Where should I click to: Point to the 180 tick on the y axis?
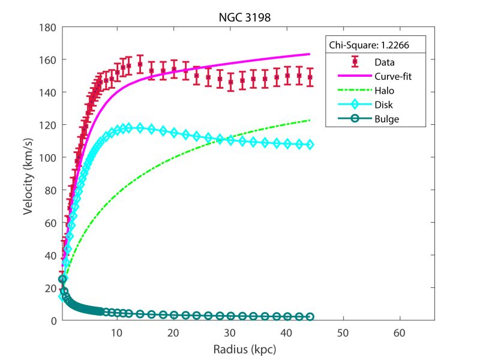pyautogui.click(x=48, y=28)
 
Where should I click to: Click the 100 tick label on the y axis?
pyautogui.click(x=48, y=158)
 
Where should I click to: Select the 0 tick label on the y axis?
pyautogui.click(x=52, y=320)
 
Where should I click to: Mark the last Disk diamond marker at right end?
pyautogui.click(x=310, y=145)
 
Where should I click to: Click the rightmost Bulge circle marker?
pyautogui.click(x=310, y=317)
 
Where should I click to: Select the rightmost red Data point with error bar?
pyautogui.click(x=310, y=77)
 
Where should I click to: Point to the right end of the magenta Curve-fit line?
pyautogui.click(x=310, y=54)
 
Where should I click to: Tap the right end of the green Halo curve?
pyautogui.click(x=310, y=120)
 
